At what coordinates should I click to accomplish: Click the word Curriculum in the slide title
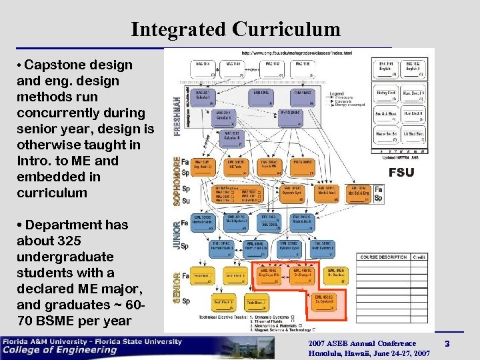tap(287, 29)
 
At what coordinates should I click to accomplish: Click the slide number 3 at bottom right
tap(447, 344)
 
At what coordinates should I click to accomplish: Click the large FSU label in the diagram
tap(401, 172)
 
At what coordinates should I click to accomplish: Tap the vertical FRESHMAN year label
tap(177, 107)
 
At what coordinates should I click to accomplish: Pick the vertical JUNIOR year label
tap(177, 235)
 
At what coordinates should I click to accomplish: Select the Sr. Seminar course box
tap(335, 275)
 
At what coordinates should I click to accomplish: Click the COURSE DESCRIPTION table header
tap(383, 257)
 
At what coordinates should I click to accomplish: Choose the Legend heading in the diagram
tap(337, 92)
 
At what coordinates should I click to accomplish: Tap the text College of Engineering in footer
tap(60, 351)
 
